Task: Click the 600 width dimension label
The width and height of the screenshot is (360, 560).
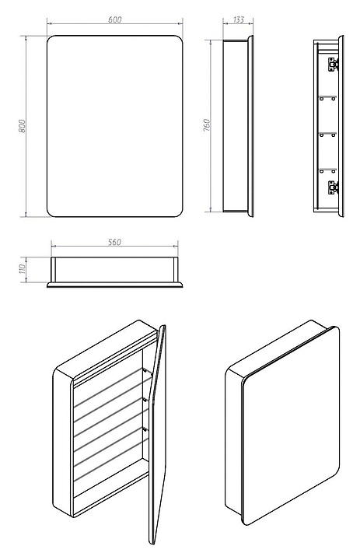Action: coord(114,19)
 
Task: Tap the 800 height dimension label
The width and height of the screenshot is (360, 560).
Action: coord(22,126)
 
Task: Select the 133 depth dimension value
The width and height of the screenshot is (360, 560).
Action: coord(238,19)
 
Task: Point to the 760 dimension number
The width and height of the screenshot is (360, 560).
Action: coord(207,125)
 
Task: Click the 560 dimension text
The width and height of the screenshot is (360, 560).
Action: coord(114,242)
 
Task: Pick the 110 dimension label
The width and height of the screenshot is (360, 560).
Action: coord(23,269)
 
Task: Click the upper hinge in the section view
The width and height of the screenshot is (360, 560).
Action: coord(334,64)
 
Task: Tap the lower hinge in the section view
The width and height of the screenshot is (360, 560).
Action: coord(334,187)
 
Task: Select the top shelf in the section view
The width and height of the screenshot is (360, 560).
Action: coord(328,97)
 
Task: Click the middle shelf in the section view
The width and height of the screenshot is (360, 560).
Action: coord(328,134)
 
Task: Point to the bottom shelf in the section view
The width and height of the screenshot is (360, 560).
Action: coord(328,170)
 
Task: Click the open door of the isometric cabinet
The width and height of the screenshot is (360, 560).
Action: coord(157,433)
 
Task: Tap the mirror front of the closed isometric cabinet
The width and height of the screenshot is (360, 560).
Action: coord(291,425)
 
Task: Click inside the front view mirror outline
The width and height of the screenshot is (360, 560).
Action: coord(114,126)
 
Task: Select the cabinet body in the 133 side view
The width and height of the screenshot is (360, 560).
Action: coord(236,126)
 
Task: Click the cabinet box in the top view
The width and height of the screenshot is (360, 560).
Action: coord(114,270)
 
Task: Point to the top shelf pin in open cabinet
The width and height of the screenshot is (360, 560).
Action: coord(145,371)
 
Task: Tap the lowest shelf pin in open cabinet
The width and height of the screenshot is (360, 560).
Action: coord(145,428)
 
